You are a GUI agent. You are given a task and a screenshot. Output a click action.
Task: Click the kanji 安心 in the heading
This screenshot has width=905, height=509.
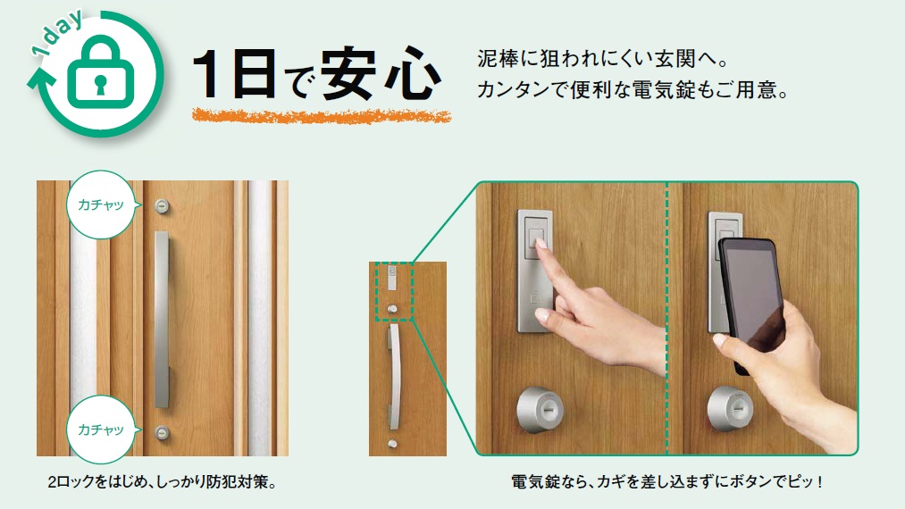[x=381, y=73]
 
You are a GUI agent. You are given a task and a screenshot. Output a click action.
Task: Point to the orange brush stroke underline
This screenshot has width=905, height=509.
[x=321, y=115]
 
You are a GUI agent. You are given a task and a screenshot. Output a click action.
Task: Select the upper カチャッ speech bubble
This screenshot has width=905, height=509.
[x=102, y=204]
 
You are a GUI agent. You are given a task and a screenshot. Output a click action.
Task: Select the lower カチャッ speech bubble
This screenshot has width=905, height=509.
[x=102, y=430]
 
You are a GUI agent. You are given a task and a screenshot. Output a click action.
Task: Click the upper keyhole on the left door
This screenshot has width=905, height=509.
[x=163, y=206]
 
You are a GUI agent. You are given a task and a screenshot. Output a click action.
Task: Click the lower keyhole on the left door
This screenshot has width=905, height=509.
[x=163, y=431]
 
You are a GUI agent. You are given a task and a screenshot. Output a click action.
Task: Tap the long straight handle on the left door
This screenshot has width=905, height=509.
[x=162, y=320]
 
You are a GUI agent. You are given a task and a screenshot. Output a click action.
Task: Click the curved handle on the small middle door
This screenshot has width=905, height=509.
[x=394, y=376]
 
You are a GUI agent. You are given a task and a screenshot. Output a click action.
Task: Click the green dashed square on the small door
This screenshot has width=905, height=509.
[x=395, y=291]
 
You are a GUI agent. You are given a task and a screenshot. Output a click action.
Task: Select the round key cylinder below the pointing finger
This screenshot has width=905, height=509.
[x=540, y=410]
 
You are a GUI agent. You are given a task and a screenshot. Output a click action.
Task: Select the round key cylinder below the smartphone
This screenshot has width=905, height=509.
[x=730, y=409]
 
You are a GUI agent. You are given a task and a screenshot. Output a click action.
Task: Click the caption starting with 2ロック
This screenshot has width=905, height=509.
[x=163, y=482]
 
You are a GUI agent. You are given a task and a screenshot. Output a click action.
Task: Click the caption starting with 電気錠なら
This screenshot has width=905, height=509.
[x=666, y=481]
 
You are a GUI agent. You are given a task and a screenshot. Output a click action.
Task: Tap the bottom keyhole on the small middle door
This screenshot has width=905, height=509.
[x=392, y=444]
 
